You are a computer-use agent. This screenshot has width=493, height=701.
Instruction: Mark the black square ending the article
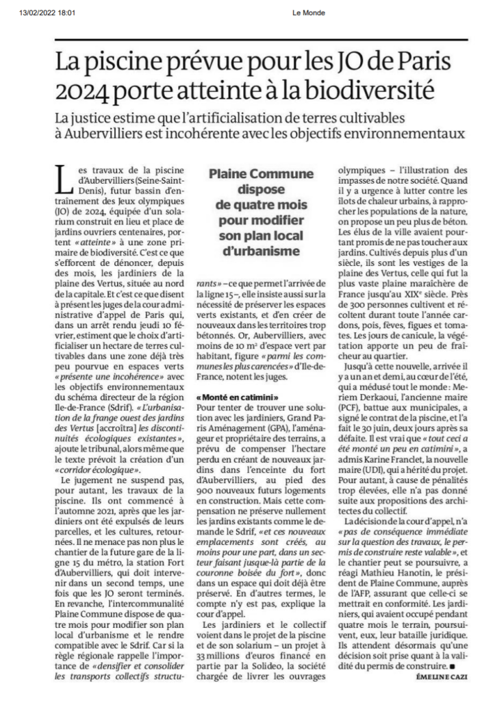(451, 666)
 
